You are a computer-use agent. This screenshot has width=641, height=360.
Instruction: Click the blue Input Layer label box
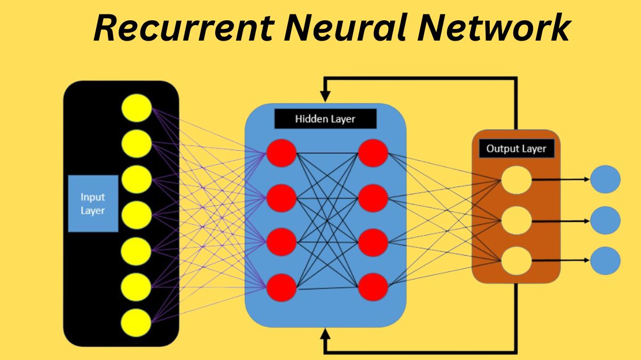pyautogui.click(x=93, y=203)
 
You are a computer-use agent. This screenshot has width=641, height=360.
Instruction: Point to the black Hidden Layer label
pyautogui.click(x=325, y=119)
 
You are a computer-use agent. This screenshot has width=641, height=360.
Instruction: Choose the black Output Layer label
pyautogui.click(x=516, y=148)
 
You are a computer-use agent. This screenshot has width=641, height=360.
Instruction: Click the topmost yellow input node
pyautogui.click(x=137, y=107)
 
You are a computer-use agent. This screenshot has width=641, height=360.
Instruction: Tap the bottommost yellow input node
pyautogui.click(x=137, y=323)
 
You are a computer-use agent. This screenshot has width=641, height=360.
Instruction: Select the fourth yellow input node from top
pyautogui.click(x=137, y=215)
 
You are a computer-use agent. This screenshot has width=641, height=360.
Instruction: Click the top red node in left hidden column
pyautogui.click(x=281, y=153)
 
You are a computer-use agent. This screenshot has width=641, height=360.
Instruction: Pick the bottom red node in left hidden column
pyautogui.click(x=281, y=288)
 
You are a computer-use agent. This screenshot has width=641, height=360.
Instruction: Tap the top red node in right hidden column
pyautogui.click(x=373, y=153)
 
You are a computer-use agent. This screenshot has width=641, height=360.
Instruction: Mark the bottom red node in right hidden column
pyautogui.click(x=373, y=288)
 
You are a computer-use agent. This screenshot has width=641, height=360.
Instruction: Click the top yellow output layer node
pyautogui.click(x=516, y=179)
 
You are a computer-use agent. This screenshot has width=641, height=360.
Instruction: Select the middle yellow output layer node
pyautogui.click(x=516, y=220)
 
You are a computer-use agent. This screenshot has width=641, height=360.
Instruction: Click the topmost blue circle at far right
pyautogui.click(x=605, y=179)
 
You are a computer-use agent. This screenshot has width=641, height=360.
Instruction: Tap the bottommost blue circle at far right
pyautogui.click(x=605, y=261)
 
